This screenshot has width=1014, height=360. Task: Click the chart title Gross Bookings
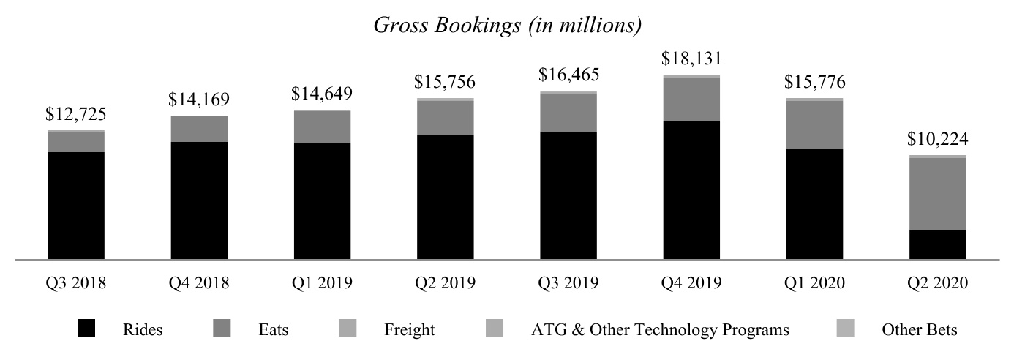[507, 26]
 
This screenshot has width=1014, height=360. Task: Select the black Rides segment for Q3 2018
[76, 205]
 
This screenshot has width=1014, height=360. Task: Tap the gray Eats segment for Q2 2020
[937, 194]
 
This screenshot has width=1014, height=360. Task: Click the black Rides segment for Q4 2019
[691, 190]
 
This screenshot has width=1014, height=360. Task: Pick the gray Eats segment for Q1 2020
[814, 125]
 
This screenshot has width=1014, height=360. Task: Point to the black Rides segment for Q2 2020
[937, 244]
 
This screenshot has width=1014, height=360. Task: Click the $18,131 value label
[691, 59]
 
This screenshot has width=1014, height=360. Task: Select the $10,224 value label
[937, 139]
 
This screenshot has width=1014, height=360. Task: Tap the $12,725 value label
[76, 114]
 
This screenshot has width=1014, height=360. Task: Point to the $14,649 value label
[322, 94]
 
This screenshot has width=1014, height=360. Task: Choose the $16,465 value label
[568, 75]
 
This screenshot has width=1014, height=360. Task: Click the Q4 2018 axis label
[199, 283]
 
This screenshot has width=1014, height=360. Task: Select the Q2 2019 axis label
[445, 283]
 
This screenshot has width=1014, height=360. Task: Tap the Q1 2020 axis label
[814, 283]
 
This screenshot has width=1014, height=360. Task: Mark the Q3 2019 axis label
[568, 283]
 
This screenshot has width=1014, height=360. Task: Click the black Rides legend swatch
[86, 330]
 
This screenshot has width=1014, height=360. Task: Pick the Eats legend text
[274, 330]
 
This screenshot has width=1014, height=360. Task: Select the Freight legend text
[409, 330]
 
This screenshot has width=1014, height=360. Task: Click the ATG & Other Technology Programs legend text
[660, 330]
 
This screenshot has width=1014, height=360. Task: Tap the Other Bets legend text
[919, 330]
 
